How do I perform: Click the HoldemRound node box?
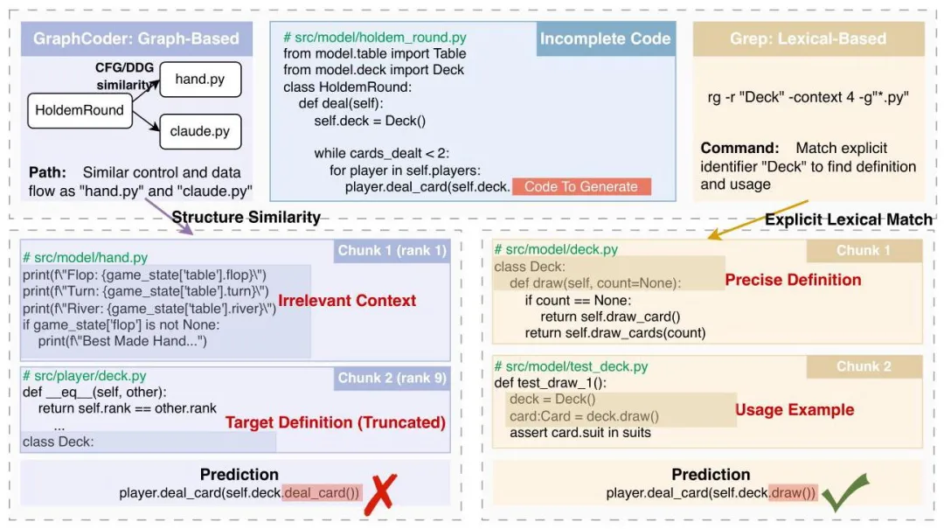pyautogui.click(x=80, y=111)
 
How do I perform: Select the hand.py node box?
pyautogui.click(x=199, y=80)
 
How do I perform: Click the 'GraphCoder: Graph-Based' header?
pyautogui.click(x=135, y=38)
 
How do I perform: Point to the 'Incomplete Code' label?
pyautogui.click(x=605, y=38)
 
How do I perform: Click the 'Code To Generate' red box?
pyautogui.click(x=581, y=186)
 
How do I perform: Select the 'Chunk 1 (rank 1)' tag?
pyautogui.click(x=392, y=252)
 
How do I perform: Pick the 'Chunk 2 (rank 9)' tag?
pyautogui.click(x=392, y=378)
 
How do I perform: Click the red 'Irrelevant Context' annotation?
pyautogui.click(x=347, y=301)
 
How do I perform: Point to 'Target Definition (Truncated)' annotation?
pyautogui.click(x=336, y=423)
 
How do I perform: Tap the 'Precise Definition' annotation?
pyautogui.click(x=793, y=280)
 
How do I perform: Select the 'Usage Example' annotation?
pyautogui.click(x=794, y=410)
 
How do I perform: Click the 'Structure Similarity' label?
pyautogui.click(x=246, y=218)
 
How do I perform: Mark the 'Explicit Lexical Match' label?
pyautogui.click(x=848, y=219)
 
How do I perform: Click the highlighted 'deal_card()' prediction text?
pyautogui.click(x=322, y=493)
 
